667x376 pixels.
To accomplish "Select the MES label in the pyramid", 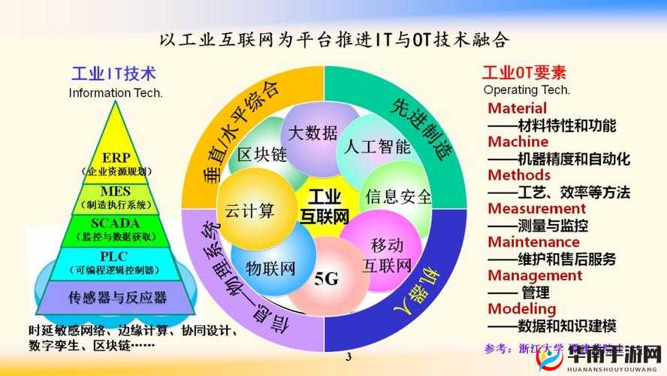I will pos(116,197).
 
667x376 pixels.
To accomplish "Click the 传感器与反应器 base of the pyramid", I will pos(117,296).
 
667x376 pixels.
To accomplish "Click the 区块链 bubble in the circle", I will pos(262,155).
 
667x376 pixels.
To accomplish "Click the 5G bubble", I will pos(326,280).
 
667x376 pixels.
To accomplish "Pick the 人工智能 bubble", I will pos(377,146).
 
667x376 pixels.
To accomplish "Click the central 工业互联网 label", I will pos(325,205).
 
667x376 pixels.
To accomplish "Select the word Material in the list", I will pos(517,108).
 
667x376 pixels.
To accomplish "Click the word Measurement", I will pos(536,208).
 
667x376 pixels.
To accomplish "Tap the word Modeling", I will pos(521,308).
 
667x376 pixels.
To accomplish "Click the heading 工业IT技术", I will pos(113,74).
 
